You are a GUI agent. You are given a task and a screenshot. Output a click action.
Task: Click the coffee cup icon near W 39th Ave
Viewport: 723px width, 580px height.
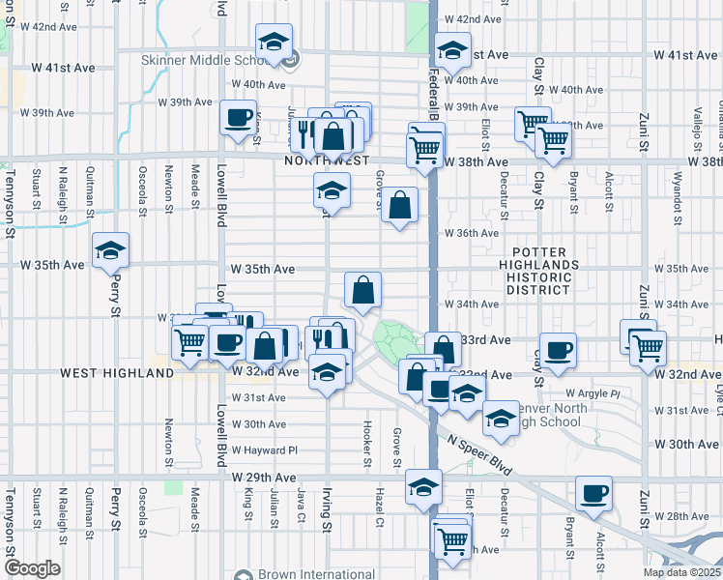238,119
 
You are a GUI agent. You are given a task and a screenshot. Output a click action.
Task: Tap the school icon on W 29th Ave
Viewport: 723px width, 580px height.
423,485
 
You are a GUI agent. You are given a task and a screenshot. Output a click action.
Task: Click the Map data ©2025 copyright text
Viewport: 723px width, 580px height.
682,572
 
